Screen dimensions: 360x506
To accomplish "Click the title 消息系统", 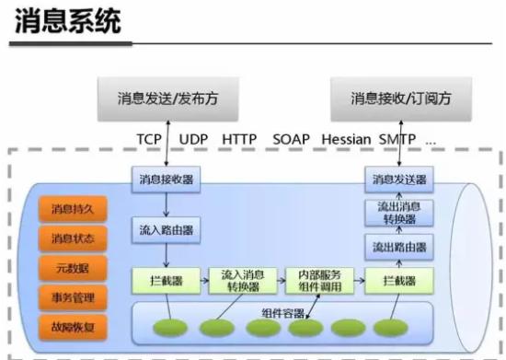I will pos(68,21).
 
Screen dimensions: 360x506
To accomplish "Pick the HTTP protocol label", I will pos(239,138).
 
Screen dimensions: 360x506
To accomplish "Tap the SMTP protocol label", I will pos(397,138).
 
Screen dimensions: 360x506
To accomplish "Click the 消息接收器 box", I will pos(165,179).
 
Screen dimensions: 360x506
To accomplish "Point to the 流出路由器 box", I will pos(398,246).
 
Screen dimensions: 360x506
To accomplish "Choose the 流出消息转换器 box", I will pos(398,213).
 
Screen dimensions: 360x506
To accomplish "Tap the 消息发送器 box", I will pos(398,179).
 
